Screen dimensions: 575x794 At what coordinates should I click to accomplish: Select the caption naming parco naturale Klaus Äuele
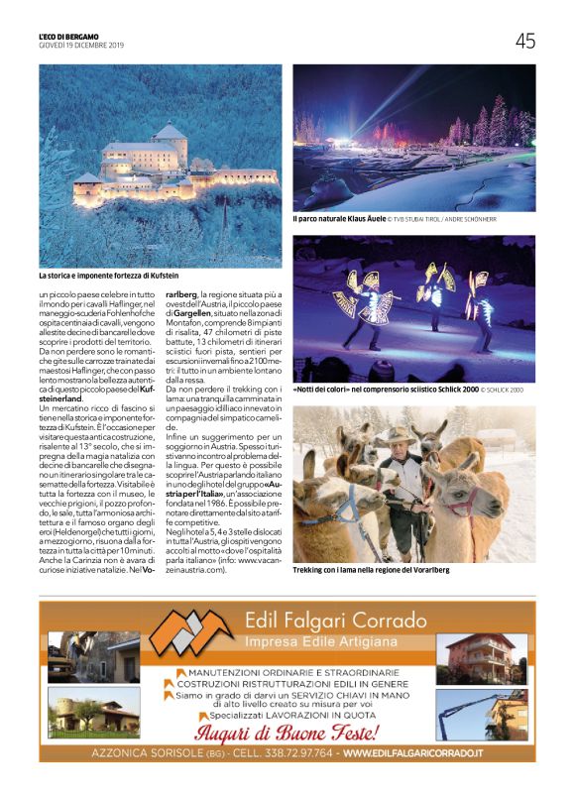click(x=338, y=218)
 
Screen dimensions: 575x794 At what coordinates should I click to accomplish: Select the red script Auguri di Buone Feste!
click(x=287, y=734)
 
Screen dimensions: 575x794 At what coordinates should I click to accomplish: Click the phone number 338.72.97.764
click(x=295, y=755)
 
